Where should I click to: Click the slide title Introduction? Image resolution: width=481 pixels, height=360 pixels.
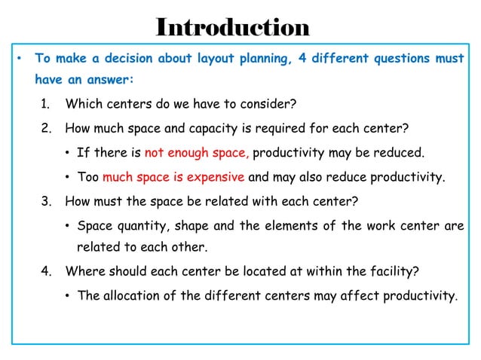232,27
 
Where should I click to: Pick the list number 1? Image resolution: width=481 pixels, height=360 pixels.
45,103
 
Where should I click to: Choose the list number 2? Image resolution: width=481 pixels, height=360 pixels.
46,128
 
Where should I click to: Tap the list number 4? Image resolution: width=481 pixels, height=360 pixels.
46,270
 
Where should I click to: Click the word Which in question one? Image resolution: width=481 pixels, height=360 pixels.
83,103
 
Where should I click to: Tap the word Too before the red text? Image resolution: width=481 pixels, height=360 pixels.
88,178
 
